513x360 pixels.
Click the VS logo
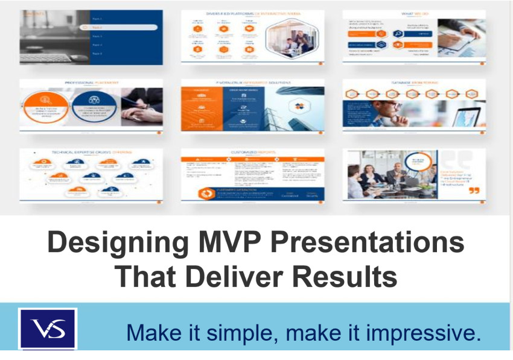click(x=47, y=329)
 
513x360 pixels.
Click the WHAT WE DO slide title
click(x=414, y=13)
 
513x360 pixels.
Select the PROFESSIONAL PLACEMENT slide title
click(x=92, y=83)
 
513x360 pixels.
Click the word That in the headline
click(x=145, y=276)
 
